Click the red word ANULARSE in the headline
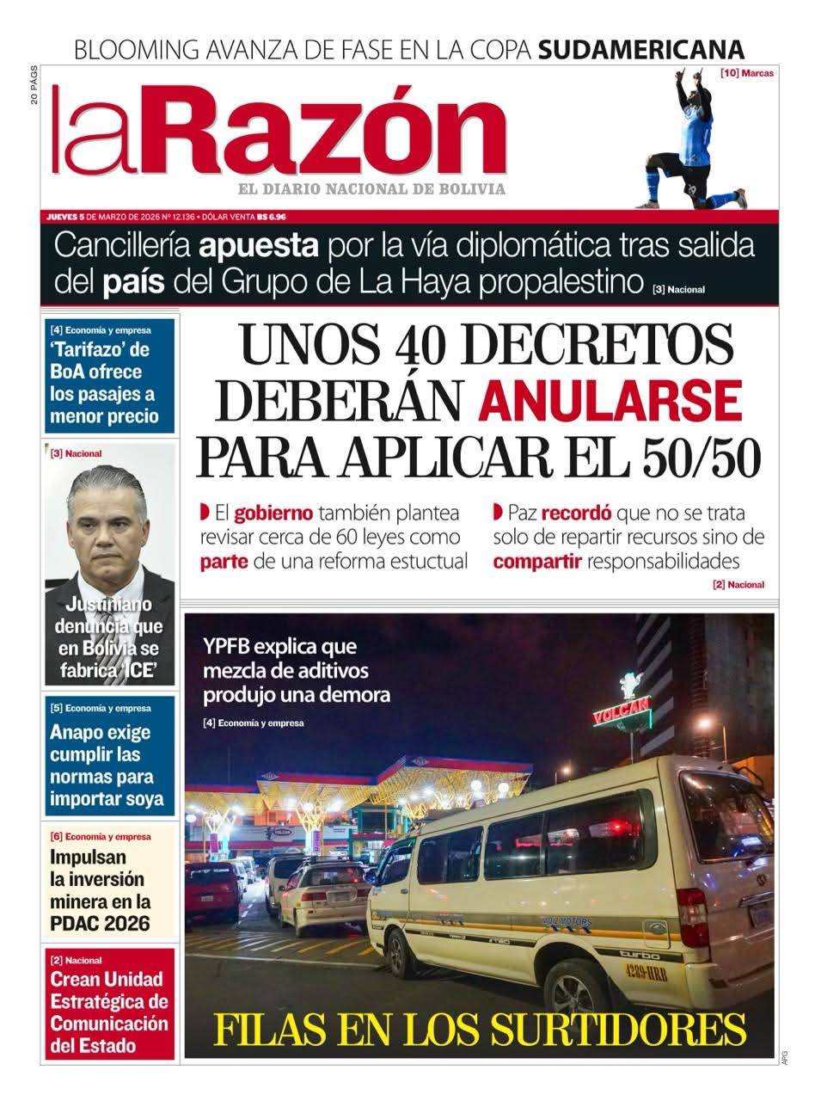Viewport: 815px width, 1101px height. tap(610, 400)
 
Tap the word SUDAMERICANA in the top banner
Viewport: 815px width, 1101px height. tap(640, 48)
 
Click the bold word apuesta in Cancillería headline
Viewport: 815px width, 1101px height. tap(258, 246)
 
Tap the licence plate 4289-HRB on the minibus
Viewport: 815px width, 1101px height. tap(646, 973)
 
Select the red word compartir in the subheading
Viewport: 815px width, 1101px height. tap(537, 562)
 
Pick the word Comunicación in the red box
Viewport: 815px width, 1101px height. tap(108, 1024)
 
